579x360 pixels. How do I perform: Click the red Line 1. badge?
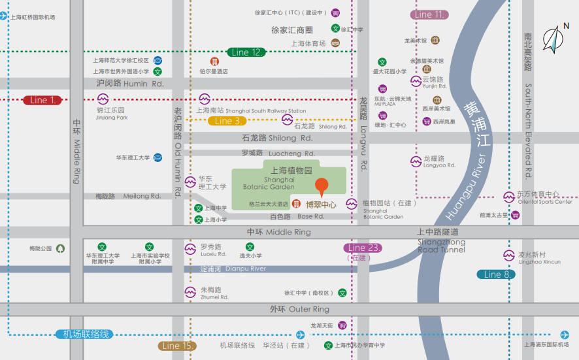(42, 100)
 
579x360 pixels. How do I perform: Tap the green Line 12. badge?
(245, 52)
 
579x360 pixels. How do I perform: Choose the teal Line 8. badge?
(495, 274)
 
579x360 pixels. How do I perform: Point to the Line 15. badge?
(177, 346)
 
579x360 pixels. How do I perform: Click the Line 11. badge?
(429, 14)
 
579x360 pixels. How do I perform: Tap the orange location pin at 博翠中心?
(322, 187)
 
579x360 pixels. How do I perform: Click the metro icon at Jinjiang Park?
(103, 99)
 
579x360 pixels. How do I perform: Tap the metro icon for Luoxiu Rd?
(190, 249)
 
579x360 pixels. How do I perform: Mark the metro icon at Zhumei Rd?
(190, 291)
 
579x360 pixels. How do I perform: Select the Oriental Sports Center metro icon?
(508, 197)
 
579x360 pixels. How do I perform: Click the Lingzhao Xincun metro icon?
(508, 255)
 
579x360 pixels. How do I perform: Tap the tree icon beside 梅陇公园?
(61, 248)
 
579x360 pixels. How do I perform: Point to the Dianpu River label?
(233, 269)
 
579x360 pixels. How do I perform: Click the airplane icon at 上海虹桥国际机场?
(5, 17)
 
